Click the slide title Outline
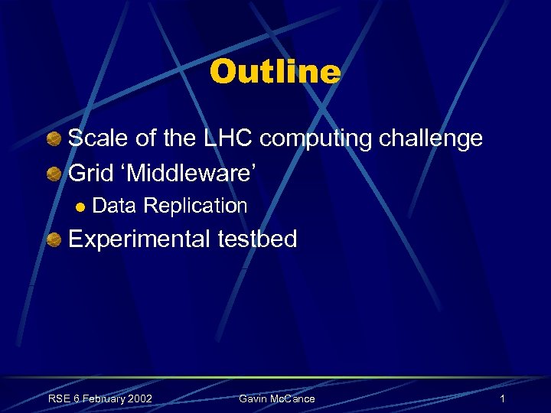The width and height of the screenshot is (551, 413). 275,72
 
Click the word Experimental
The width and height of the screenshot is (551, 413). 139,239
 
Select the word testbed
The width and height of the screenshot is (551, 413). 258,239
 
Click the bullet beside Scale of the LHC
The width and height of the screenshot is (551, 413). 53,140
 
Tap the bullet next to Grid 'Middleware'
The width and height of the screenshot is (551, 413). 53,173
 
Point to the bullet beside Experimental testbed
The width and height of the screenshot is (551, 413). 53,240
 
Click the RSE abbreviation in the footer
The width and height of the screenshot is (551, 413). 59,398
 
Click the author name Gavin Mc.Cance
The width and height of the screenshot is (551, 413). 276,398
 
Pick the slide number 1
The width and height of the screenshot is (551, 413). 502,398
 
